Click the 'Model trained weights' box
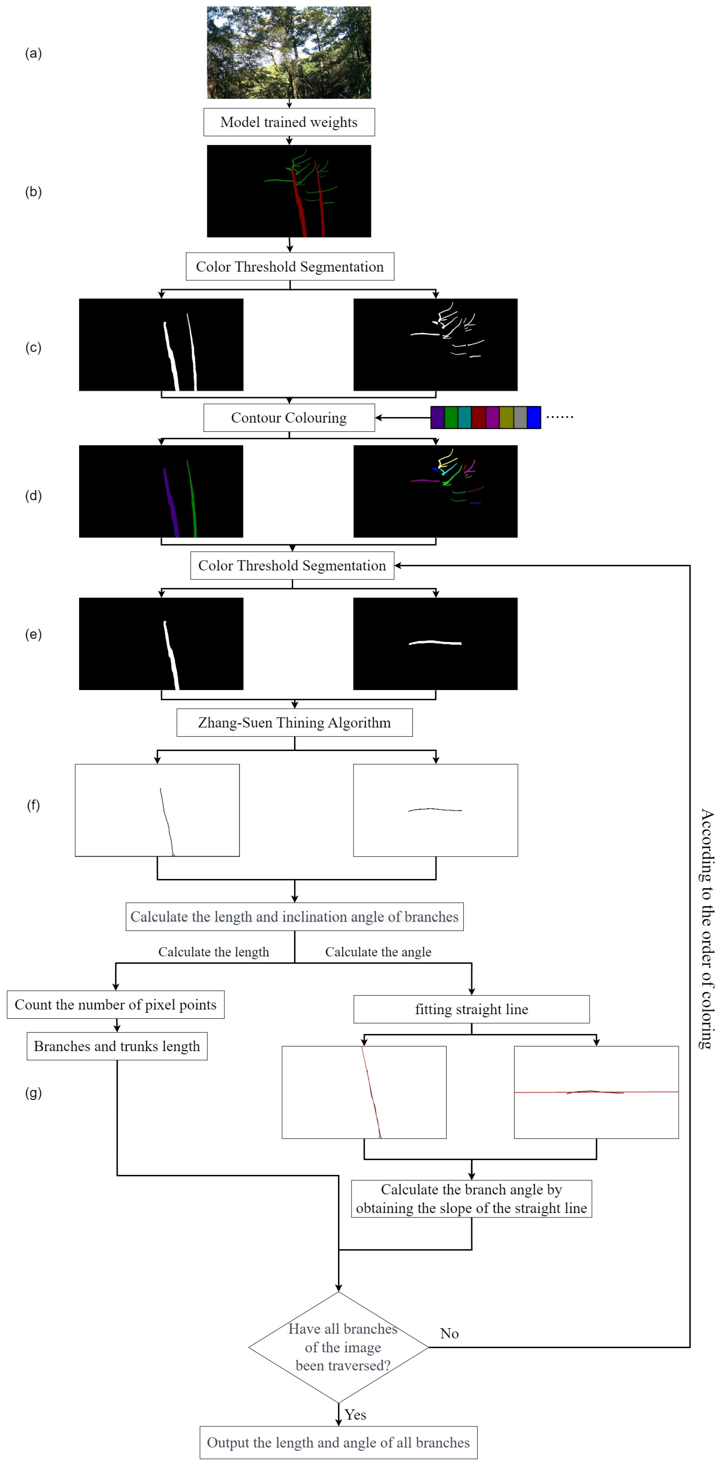pyautogui.click(x=289, y=122)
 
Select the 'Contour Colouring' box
pyautogui.click(x=289, y=418)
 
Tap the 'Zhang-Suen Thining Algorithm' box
pyautogui.click(x=294, y=722)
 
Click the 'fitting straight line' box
pyautogui.click(x=471, y=1009)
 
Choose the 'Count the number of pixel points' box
pyautogui.click(x=115, y=1005)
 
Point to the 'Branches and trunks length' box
pyautogui.click(x=117, y=1046)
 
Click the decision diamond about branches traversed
pyautogui.click(x=339, y=1347)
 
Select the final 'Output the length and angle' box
pyautogui.click(x=338, y=1442)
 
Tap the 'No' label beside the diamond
pyautogui.click(x=449, y=1333)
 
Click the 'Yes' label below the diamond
pyautogui.click(x=355, y=1414)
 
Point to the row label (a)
pyautogui.click(x=33, y=54)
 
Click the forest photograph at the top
pyautogui.click(x=289, y=52)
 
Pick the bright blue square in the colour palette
pyautogui.click(x=534, y=417)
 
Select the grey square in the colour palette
pyautogui.click(x=520, y=417)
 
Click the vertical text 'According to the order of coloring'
pyautogui.click(x=706, y=929)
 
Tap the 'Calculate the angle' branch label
pyautogui.click(x=378, y=952)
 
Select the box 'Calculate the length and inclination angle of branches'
pyautogui.click(x=294, y=917)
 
